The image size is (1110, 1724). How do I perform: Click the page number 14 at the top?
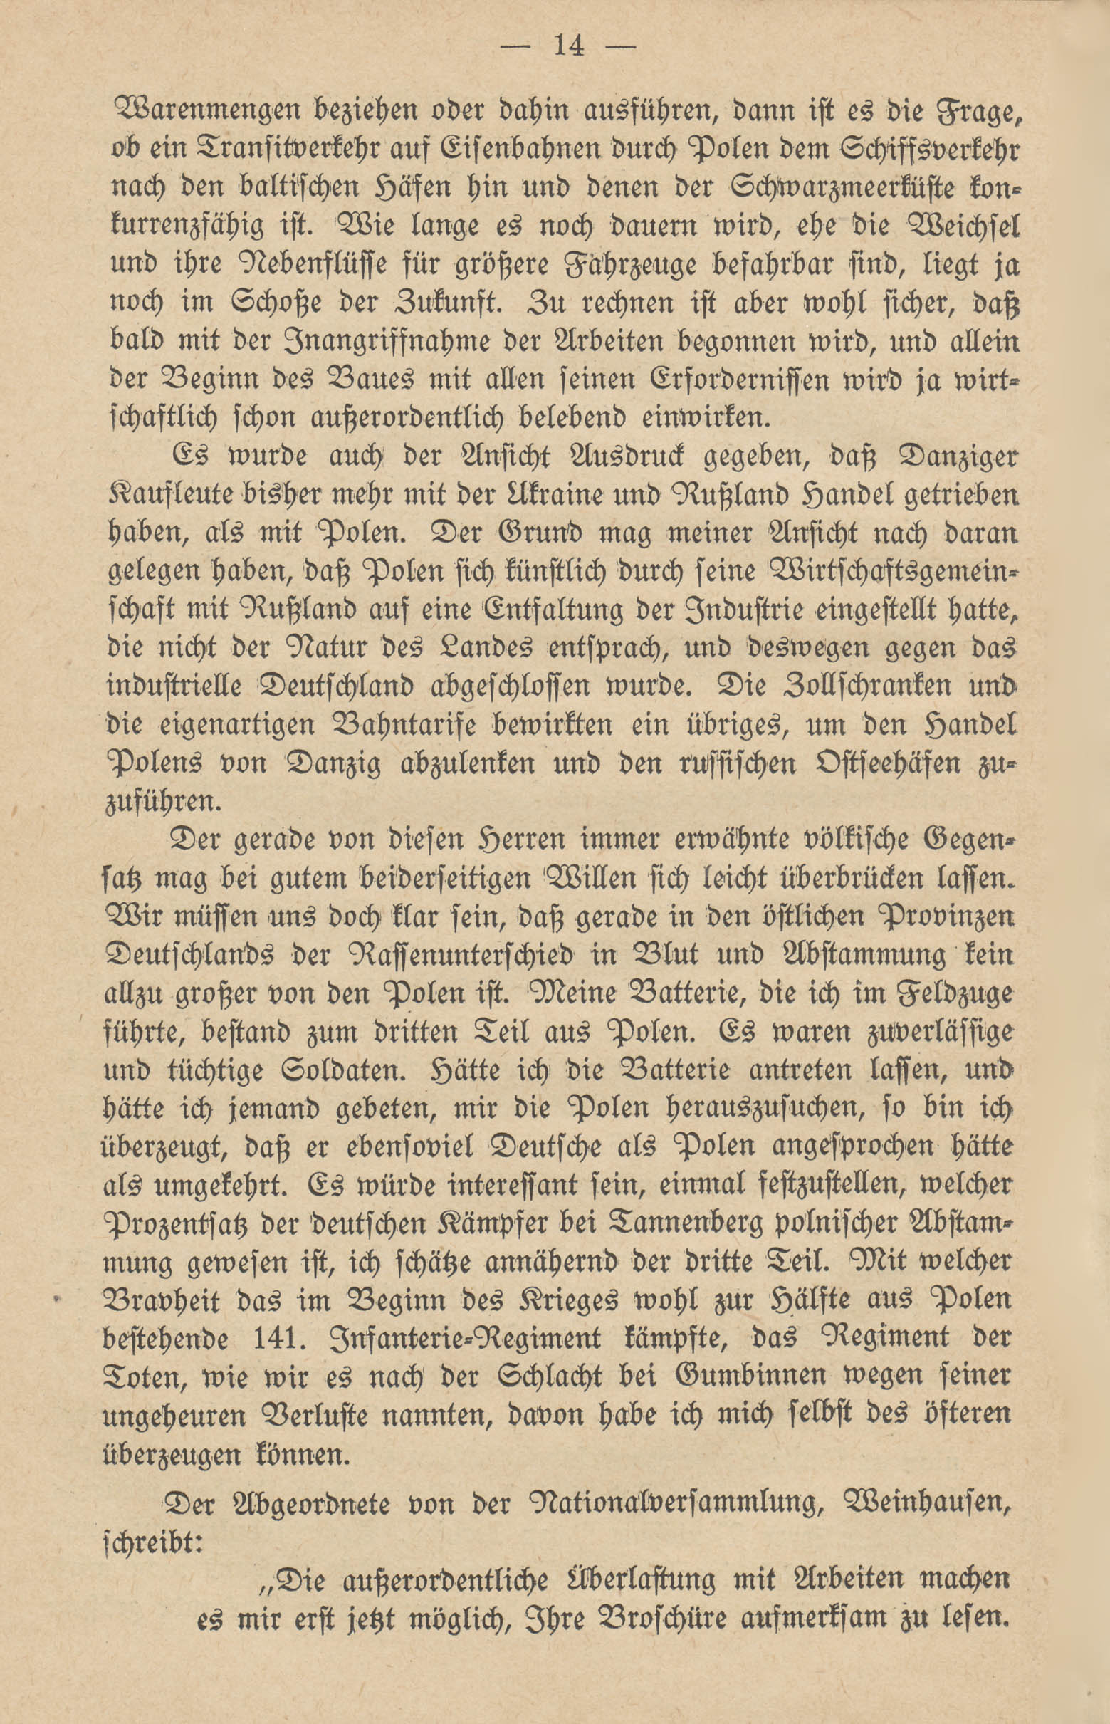568,46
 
